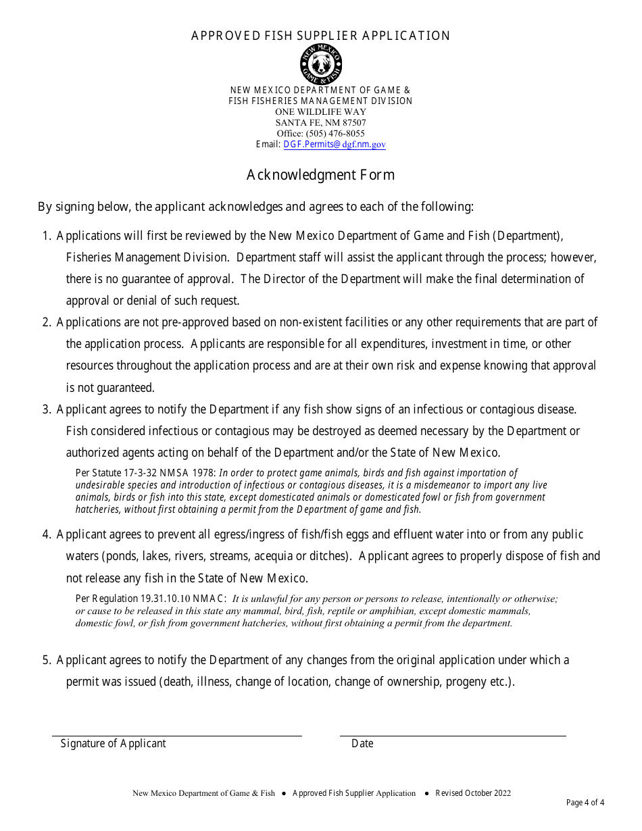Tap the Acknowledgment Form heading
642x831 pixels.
click(320, 175)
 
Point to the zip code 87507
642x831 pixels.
click(354, 123)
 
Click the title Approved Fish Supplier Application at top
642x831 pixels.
click(320, 36)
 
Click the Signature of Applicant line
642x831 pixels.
click(177, 735)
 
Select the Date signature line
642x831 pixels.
click(453, 735)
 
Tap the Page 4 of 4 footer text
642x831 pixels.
click(585, 803)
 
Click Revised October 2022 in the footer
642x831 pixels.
click(473, 793)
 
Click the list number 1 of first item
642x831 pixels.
click(46, 236)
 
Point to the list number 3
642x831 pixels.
click(46, 409)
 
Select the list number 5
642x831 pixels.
click(46, 660)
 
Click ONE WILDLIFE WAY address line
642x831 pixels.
click(320, 112)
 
